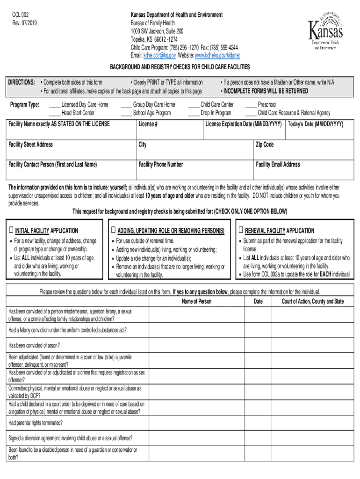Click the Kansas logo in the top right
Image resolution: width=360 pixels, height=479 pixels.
(325, 29)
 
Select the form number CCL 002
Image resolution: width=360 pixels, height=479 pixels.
(21, 15)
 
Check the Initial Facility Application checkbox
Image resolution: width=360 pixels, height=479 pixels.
(11, 231)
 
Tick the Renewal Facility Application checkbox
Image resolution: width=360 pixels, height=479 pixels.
(241, 231)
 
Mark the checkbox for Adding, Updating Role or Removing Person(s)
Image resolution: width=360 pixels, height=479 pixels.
(113, 231)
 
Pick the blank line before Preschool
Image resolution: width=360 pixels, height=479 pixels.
(251, 105)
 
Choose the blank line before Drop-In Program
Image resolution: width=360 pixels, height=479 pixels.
(194, 113)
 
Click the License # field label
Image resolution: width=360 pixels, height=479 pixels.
(148, 124)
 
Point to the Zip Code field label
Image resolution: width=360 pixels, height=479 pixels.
(265, 145)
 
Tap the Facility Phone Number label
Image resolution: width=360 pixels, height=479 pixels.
(161, 165)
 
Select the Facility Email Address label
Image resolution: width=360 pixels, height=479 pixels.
(278, 165)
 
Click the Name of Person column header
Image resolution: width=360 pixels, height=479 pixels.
(197, 302)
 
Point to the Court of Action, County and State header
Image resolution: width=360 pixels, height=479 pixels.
(312, 302)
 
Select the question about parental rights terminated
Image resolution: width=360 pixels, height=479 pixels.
(36, 423)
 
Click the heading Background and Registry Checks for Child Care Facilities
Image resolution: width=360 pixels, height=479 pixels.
(180, 67)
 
